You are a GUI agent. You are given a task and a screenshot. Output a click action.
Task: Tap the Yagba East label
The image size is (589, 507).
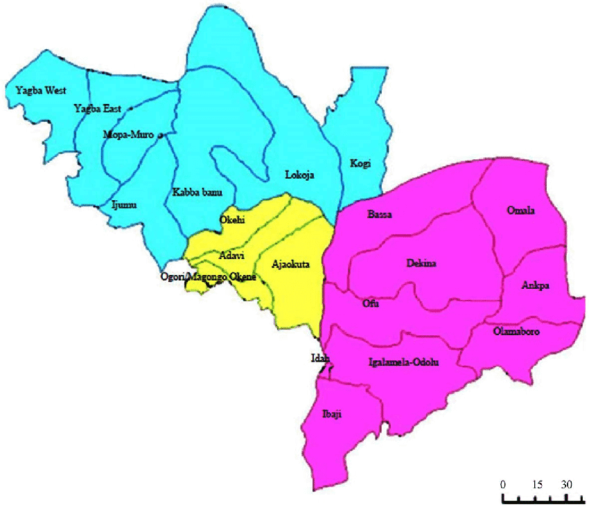(97, 109)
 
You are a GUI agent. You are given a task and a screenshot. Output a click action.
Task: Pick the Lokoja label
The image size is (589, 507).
(299, 175)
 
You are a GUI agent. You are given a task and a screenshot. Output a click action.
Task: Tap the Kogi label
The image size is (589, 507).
(360, 163)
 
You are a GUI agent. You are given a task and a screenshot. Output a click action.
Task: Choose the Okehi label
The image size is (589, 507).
(233, 220)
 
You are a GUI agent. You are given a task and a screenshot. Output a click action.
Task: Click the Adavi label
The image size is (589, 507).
(231, 256)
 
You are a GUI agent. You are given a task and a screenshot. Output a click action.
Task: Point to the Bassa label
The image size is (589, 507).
(379, 215)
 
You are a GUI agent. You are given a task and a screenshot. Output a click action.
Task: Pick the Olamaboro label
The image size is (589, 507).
(517, 332)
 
